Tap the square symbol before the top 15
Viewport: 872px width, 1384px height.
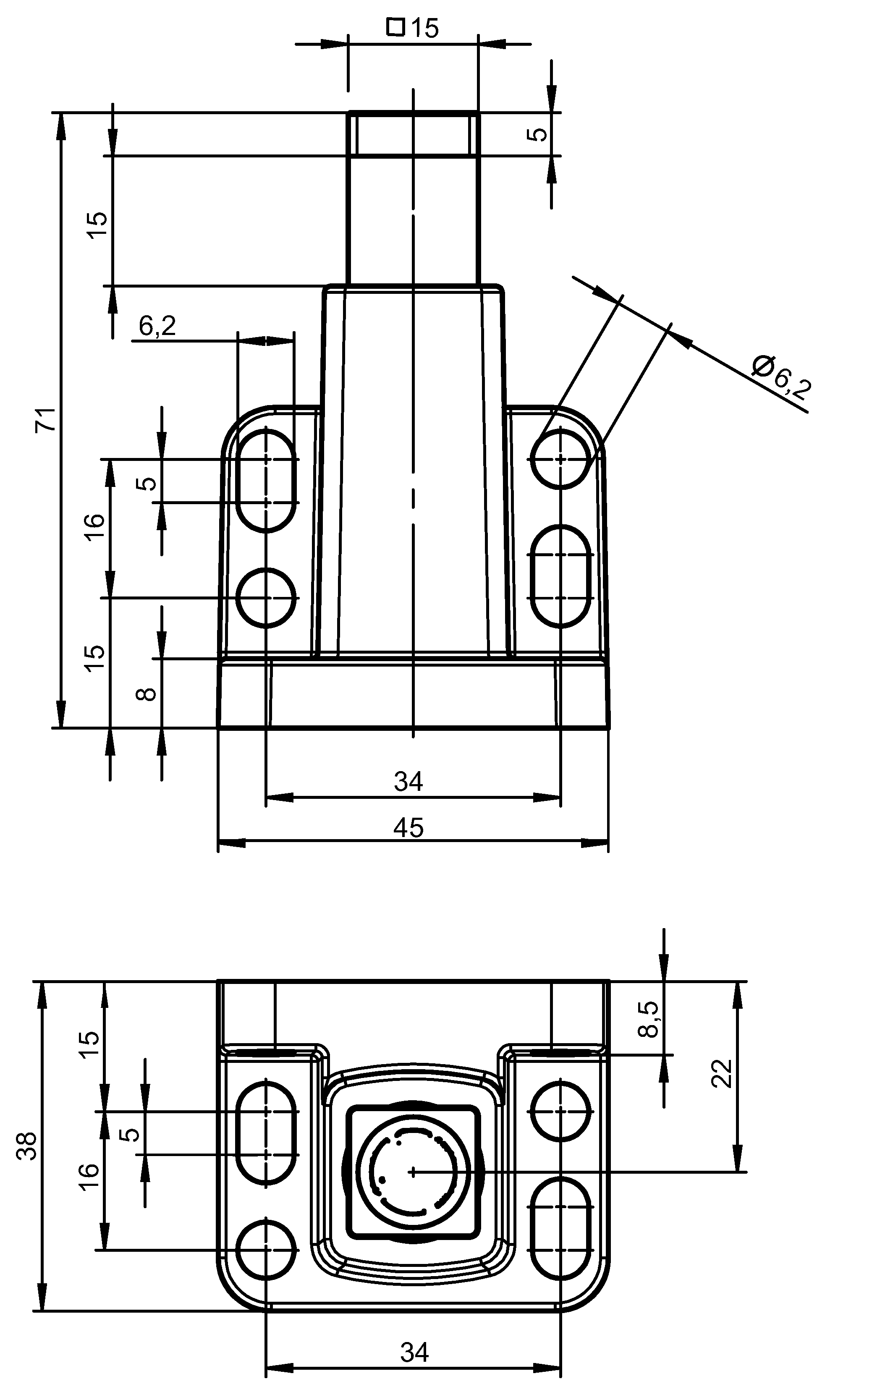(x=395, y=26)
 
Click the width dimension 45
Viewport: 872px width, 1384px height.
(x=408, y=828)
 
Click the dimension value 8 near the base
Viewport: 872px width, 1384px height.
(x=147, y=694)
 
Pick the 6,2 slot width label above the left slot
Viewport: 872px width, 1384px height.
(x=157, y=326)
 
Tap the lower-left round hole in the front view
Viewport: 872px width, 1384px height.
(x=266, y=598)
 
